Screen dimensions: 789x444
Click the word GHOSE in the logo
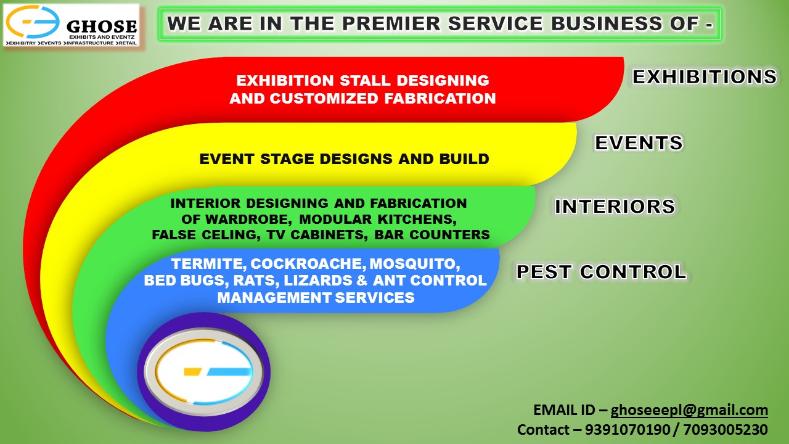tap(102, 26)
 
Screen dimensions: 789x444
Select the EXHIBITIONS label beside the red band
tap(704, 76)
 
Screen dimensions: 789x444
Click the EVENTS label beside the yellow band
tap(639, 142)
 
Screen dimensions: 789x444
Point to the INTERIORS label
tap(615, 207)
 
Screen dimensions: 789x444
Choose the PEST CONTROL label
tap(601, 272)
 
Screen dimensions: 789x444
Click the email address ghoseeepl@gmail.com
tap(689, 410)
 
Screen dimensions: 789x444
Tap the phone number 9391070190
tap(628, 430)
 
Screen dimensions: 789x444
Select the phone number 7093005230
tap(726, 430)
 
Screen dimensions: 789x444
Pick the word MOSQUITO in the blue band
tap(414, 264)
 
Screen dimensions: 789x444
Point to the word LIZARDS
tap(317, 281)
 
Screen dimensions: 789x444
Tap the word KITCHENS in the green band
tap(417, 220)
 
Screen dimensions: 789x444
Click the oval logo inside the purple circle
tap(203, 372)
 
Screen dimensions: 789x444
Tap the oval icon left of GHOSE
tap(33, 22)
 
